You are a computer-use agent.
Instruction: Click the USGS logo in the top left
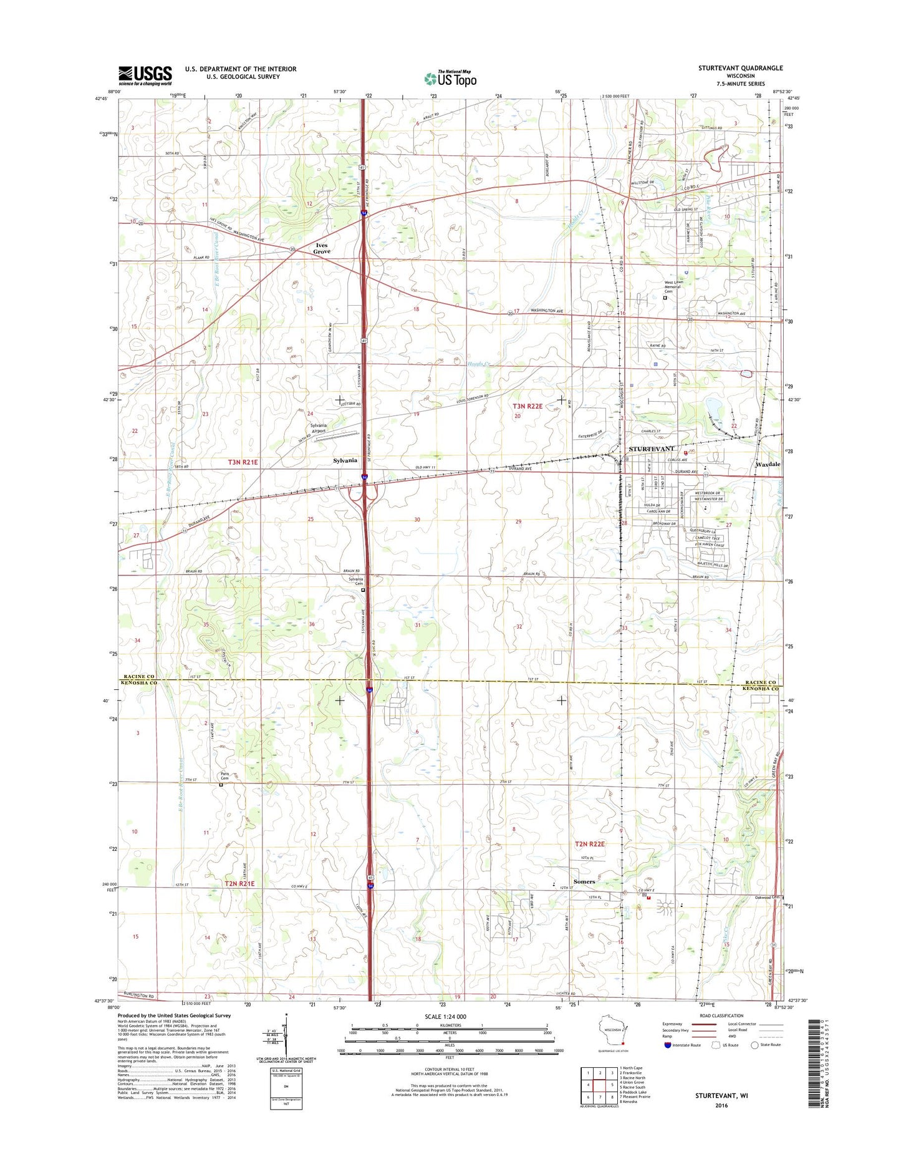pos(145,75)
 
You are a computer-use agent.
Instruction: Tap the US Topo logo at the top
pos(450,78)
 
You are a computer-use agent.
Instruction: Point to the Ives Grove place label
pos(322,248)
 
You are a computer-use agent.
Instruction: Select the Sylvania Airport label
pos(318,428)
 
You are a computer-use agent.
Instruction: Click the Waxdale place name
pos(768,465)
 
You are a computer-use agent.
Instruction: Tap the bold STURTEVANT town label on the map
pos(651,449)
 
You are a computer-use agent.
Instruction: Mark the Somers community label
pos(584,881)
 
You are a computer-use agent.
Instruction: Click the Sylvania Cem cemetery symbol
pos(364,589)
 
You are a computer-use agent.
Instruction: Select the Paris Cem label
pos(225,776)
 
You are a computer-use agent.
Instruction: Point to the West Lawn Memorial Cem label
pos(673,287)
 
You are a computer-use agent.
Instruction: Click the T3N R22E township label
pos(528,406)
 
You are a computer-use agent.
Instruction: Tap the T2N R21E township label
pos(239,884)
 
